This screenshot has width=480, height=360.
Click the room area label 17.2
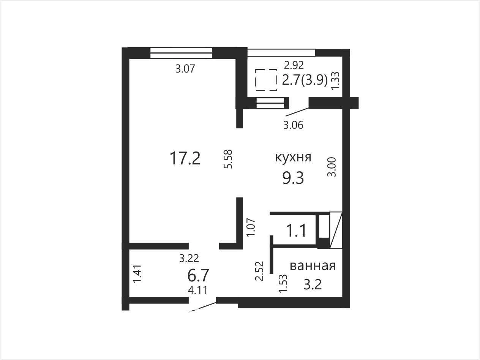[x=185, y=159]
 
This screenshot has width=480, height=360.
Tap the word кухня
[x=293, y=157]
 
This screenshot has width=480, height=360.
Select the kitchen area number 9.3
[x=293, y=178]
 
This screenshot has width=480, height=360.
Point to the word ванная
[x=313, y=266]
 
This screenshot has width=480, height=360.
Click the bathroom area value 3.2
[x=313, y=284]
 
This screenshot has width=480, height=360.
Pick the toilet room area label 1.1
[x=296, y=231]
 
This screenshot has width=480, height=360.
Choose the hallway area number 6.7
[x=198, y=275]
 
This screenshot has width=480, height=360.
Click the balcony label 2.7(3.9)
[x=305, y=80]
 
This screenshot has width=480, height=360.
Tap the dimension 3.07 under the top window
[x=185, y=69]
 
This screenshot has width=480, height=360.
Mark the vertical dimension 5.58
[x=228, y=159]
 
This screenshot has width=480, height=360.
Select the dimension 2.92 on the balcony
[x=294, y=65]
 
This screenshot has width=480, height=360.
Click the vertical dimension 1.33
[x=335, y=81]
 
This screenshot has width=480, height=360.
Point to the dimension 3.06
[x=293, y=125]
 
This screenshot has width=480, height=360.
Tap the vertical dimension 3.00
[x=331, y=167]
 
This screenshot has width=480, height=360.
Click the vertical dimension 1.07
[x=251, y=227]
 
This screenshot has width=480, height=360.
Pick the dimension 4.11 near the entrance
[x=197, y=290]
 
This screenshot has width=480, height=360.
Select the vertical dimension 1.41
[x=137, y=274]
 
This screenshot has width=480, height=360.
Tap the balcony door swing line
[x=297, y=112]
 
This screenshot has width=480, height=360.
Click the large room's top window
[x=181, y=53]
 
